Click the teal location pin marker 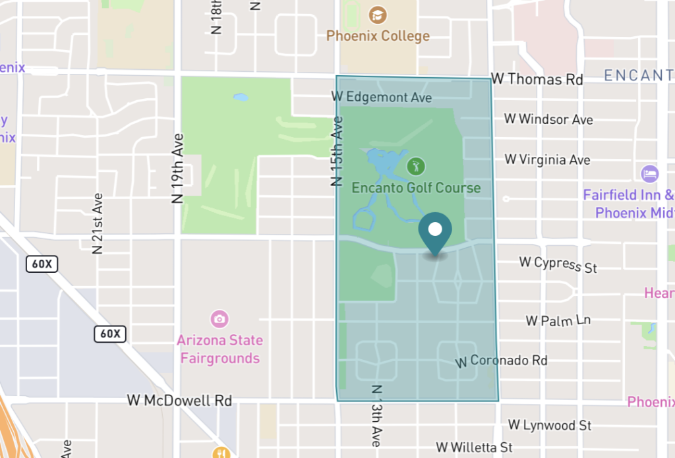pyautogui.click(x=435, y=232)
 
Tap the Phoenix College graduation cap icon pyautogui.click(x=378, y=14)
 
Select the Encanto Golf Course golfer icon pyautogui.click(x=415, y=165)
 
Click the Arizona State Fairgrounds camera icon pyautogui.click(x=220, y=320)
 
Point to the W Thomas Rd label pyautogui.click(x=537, y=80)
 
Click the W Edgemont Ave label pyautogui.click(x=381, y=98)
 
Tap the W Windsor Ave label pyautogui.click(x=548, y=119)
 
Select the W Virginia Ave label pyautogui.click(x=547, y=159)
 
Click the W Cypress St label pyautogui.click(x=558, y=264)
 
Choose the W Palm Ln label pyautogui.click(x=558, y=321)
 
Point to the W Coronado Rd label pyautogui.click(x=502, y=361)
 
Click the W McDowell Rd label pyautogui.click(x=179, y=401)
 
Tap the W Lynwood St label pyautogui.click(x=550, y=426)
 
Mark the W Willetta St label pyautogui.click(x=474, y=448)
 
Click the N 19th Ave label pyautogui.click(x=177, y=168)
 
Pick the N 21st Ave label pyautogui.click(x=98, y=223)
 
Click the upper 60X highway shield pyautogui.click(x=42, y=264)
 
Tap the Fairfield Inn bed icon pyautogui.click(x=650, y=174)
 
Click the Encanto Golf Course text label pyautogui.click(x=416, y=188)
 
